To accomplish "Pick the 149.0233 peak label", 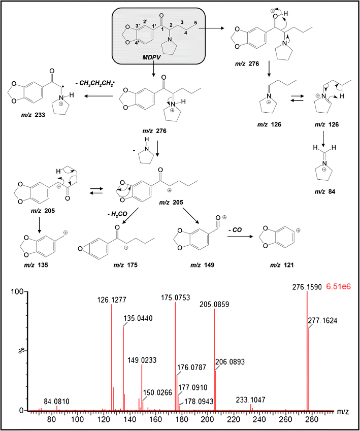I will pyautogui.click(x=142, y=360).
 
